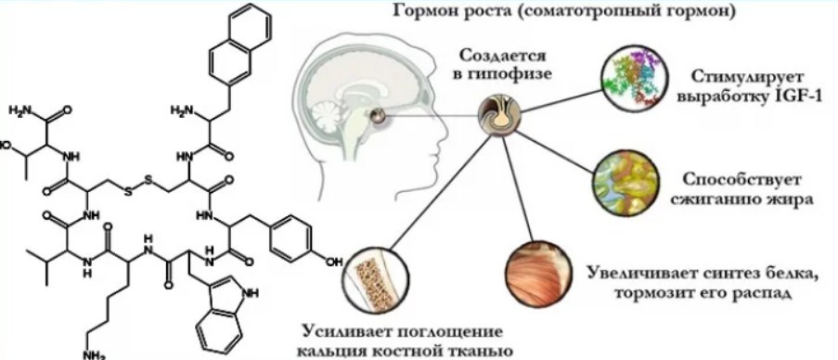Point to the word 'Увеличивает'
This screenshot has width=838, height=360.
[x=640, y=274]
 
